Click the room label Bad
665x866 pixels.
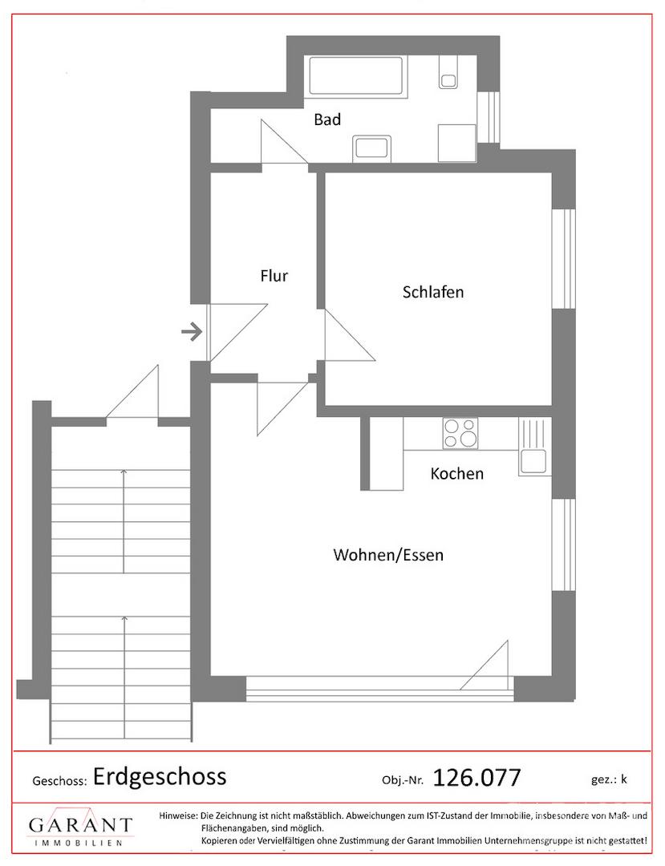click(x=327, y=119)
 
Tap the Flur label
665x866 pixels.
click(x=274, y=276)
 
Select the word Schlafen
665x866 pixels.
click(x=433, y=292)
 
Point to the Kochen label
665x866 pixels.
click(x=456, y=473)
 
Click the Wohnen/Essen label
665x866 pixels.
click(x=388, y=555)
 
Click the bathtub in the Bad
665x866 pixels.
click(x=355, y=75)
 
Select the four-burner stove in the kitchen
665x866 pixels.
click(x=460, y=434)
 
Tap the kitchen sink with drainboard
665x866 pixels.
click(x=534, y=447)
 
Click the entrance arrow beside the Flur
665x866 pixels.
click(x=192, y=332)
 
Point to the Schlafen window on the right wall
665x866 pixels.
click(x=564, y=258)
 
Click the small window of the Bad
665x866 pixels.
click(x=489, y=117)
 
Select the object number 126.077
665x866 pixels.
click(x=476, y=778)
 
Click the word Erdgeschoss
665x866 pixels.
click(x=160, y=777)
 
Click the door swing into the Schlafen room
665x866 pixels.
click(x=349, y=335)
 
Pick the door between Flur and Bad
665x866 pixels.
click(x=284, y=142)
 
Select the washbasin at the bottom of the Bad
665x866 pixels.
click(x=371, y=149)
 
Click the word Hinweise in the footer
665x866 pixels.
click(x=178, y=815)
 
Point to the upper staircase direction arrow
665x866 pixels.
click(x=124, y=521)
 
